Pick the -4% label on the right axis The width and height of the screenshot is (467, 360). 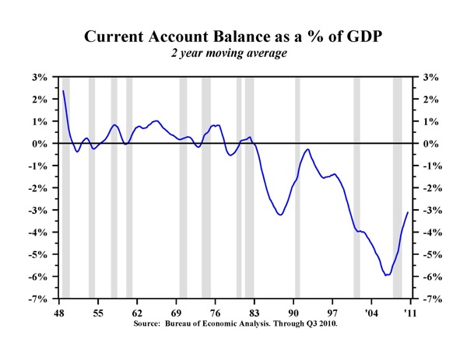(430, 232)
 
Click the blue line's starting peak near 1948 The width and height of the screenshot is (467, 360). (63, 91)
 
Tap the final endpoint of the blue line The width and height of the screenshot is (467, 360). (408, 213)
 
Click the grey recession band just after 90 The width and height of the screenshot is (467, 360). (297, 187)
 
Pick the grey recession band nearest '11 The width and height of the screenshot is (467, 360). (397, 187)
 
